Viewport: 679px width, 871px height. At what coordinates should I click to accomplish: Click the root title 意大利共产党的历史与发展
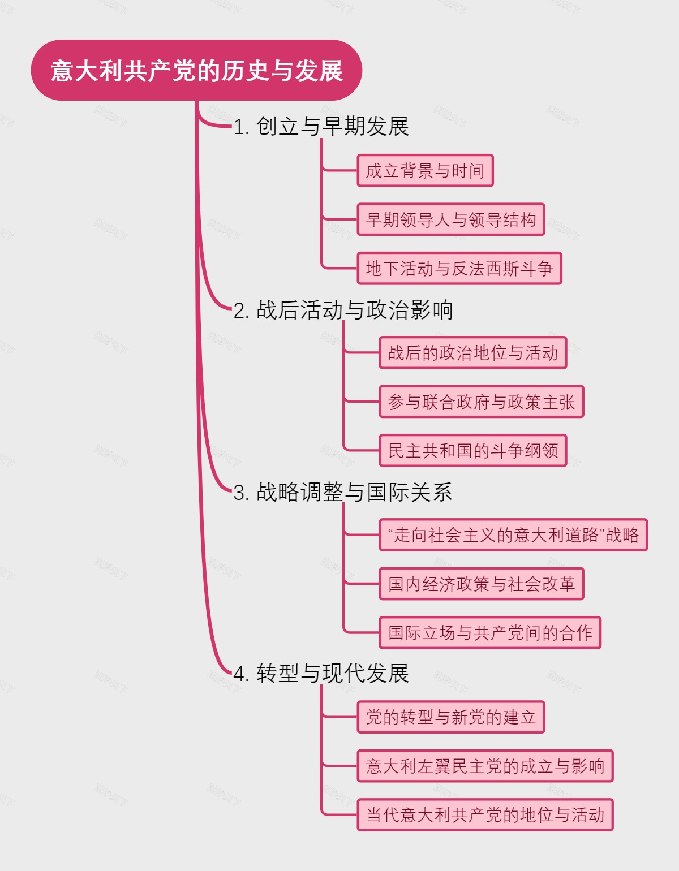coord(196,71)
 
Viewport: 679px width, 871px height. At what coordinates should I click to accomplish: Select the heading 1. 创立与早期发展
coord(321,126)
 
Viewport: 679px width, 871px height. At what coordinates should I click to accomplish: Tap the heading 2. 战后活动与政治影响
coord(343,310)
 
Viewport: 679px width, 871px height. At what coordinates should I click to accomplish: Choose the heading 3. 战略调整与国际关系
coord(343,492)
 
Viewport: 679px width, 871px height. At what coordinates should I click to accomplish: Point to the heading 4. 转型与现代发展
coord(321,673)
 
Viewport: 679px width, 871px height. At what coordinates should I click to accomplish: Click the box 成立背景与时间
coord(425,170)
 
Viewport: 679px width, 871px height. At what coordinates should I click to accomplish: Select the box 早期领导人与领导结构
coord(450,219)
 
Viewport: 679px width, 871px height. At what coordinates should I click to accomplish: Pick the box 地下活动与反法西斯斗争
coord(459,268)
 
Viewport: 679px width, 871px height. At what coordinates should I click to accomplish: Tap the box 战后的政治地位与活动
coord(472,353)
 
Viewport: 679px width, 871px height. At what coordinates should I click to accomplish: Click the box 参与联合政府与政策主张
coord(481,402)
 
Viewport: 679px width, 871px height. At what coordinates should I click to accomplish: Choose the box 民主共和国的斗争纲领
coord(472,451)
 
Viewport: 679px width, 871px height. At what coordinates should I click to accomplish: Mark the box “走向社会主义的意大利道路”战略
coord(513,535)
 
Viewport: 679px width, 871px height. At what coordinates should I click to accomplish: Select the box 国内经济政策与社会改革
coord(481,584)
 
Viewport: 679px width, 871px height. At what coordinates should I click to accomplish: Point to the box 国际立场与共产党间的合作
coord(489,632)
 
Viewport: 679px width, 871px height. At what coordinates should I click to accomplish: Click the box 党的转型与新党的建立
coord(450,717)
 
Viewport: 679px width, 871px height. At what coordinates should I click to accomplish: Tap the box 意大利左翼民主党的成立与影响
coord(485,766)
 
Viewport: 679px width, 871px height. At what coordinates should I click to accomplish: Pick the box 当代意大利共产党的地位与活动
coord(485,815)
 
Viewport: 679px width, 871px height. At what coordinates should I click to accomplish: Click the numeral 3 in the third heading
coord(239,493)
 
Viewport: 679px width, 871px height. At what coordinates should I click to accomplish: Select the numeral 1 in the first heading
coord(238,127)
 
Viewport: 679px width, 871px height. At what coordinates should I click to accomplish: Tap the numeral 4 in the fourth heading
coord(239,674)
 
